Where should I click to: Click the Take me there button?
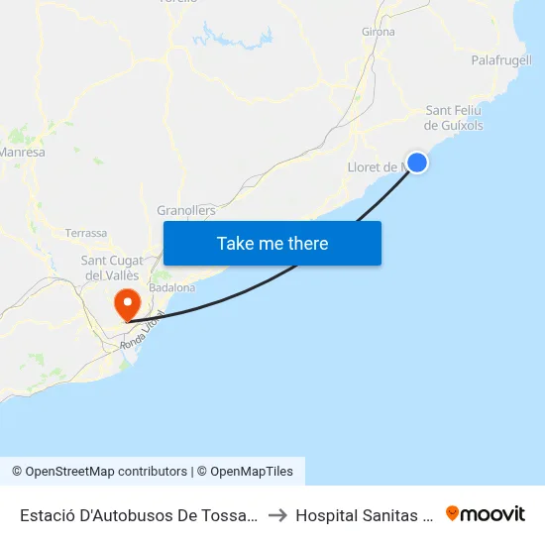272,243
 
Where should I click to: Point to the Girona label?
379,32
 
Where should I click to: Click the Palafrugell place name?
501,60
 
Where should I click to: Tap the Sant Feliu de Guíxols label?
454,118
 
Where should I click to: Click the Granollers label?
186,210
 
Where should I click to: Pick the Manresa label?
22,153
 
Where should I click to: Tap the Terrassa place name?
86,234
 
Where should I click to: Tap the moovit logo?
486,513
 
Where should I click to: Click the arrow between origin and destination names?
277,515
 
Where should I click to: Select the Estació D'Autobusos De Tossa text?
139,515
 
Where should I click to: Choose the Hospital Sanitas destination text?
365,515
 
